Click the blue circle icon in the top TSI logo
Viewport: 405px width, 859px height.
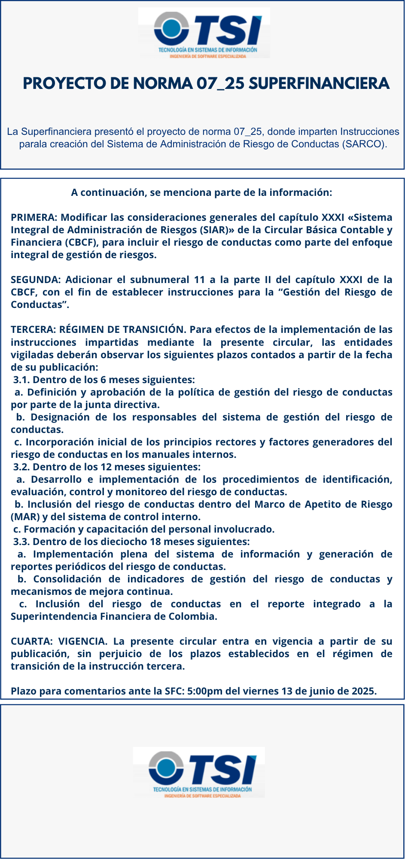[171, 29]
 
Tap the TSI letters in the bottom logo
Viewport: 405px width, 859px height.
[223, 769]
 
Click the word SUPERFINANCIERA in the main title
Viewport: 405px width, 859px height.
[319, 83]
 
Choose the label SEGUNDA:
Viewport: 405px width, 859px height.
[36, 280]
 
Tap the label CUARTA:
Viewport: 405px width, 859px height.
[32, 641]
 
